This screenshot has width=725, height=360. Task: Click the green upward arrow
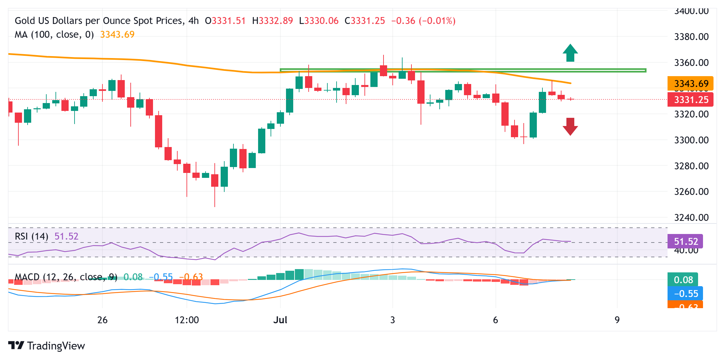click(570, 53)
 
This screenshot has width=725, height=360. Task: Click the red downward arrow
click(570, 127)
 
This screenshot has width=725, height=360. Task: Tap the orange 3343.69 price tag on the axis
click(690, 83)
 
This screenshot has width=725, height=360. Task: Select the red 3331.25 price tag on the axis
click(690, 100)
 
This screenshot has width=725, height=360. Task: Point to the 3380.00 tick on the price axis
click(691, 37)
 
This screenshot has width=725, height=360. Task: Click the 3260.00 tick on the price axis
click(691, 192)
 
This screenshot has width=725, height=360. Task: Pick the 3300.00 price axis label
click(691, 140)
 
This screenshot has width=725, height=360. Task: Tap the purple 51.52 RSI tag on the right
click(685, 242)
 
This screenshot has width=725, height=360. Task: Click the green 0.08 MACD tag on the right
click(683, 280)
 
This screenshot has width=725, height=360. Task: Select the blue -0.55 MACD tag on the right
click(685, 293)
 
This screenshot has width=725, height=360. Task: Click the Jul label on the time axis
click(280, 320)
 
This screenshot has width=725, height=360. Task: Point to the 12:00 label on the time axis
click(187, 320)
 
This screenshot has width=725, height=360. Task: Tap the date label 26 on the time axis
click(102, 320)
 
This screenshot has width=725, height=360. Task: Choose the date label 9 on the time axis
click(617, 320)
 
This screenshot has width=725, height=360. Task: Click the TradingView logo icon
click(16, 346)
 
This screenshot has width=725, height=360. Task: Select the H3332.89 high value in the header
click(273, 21)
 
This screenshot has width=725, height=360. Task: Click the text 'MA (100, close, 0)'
click(54, 34)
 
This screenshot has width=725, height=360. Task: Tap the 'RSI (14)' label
click(32, 236)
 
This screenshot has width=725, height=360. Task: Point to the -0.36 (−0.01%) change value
click(423, 21)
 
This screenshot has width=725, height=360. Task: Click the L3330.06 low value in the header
click(319, 21)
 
